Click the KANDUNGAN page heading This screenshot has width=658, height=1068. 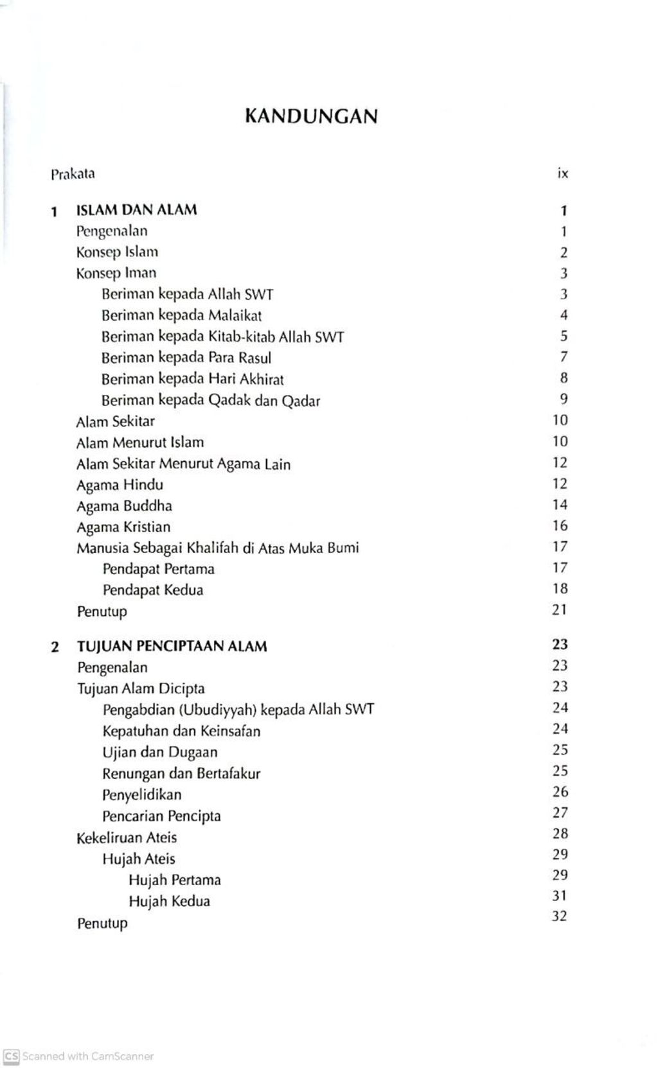click(311, 116)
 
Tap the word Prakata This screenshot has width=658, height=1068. click(73, 173)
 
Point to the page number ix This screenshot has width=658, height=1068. click(563, 173)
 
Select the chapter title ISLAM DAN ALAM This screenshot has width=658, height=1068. click(136, 210)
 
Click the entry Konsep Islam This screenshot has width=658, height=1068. click(117, 252)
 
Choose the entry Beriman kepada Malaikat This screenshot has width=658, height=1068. click(181, 315)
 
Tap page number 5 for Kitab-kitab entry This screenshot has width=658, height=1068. click(564, 336)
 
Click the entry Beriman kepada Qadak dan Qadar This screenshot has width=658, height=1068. click(210, 401)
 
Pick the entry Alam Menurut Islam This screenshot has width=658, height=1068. click(139, 442)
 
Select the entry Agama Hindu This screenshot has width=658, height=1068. click(120, 485)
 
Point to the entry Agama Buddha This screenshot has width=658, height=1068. click(124, 506)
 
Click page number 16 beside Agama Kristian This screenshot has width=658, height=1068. click(560, 526)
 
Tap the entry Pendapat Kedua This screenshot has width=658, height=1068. click(152, 590)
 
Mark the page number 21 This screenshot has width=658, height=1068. click(560, 609)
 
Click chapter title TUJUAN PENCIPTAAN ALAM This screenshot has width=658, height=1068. click(172, 647)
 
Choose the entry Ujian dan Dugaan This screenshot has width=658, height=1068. click(159, 752)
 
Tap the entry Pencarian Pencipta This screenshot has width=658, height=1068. click(161, 816)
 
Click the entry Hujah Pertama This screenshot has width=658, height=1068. click(174, 880)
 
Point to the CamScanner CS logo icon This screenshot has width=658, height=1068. click(11, 1056)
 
